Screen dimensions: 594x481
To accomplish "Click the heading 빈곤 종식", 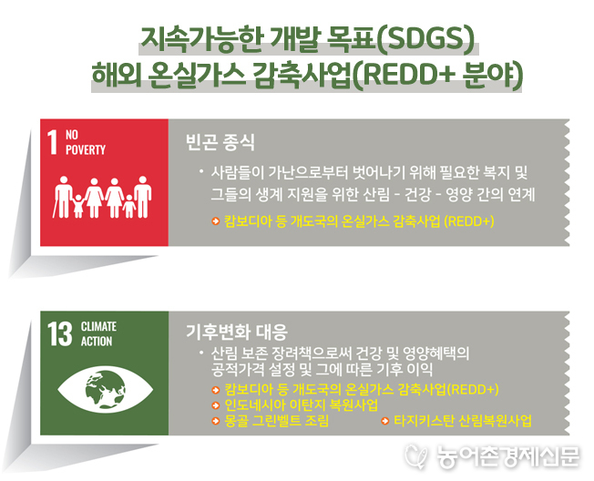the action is (220, 142).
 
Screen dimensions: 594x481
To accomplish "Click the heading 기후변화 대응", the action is (237, 332).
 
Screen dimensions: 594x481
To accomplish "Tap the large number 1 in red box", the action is (52, 142).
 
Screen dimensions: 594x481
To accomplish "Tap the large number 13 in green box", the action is (59, 334).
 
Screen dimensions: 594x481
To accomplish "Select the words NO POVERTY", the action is (86, 142).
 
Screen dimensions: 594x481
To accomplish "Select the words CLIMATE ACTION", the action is (98, 333).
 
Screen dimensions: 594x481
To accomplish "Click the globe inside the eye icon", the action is (106, 390).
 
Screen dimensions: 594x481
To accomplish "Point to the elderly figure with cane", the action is (62, 197).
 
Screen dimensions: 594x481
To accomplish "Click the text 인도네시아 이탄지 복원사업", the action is (302, 404).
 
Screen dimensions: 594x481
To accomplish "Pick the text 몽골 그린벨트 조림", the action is (277, 421).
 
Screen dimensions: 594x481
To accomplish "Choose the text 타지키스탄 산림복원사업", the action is (463, 421).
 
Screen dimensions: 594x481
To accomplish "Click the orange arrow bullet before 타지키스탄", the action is (384, 421).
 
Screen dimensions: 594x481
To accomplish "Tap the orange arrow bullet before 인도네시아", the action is (216, 405).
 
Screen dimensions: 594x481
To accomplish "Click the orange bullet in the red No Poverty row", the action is (216, 221).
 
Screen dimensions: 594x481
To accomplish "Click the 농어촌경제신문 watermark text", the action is (508, 456).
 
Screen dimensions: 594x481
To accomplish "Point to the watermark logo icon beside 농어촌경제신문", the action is (417, 455).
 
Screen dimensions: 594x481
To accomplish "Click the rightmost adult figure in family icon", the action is (143, 197).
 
